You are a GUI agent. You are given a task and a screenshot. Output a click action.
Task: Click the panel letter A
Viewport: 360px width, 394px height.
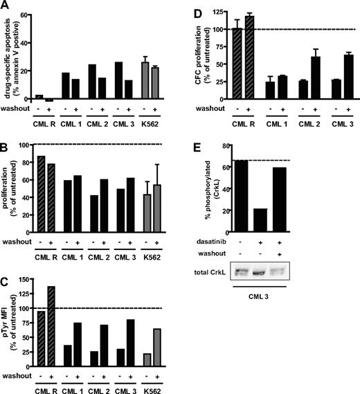(x=6, y=6)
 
